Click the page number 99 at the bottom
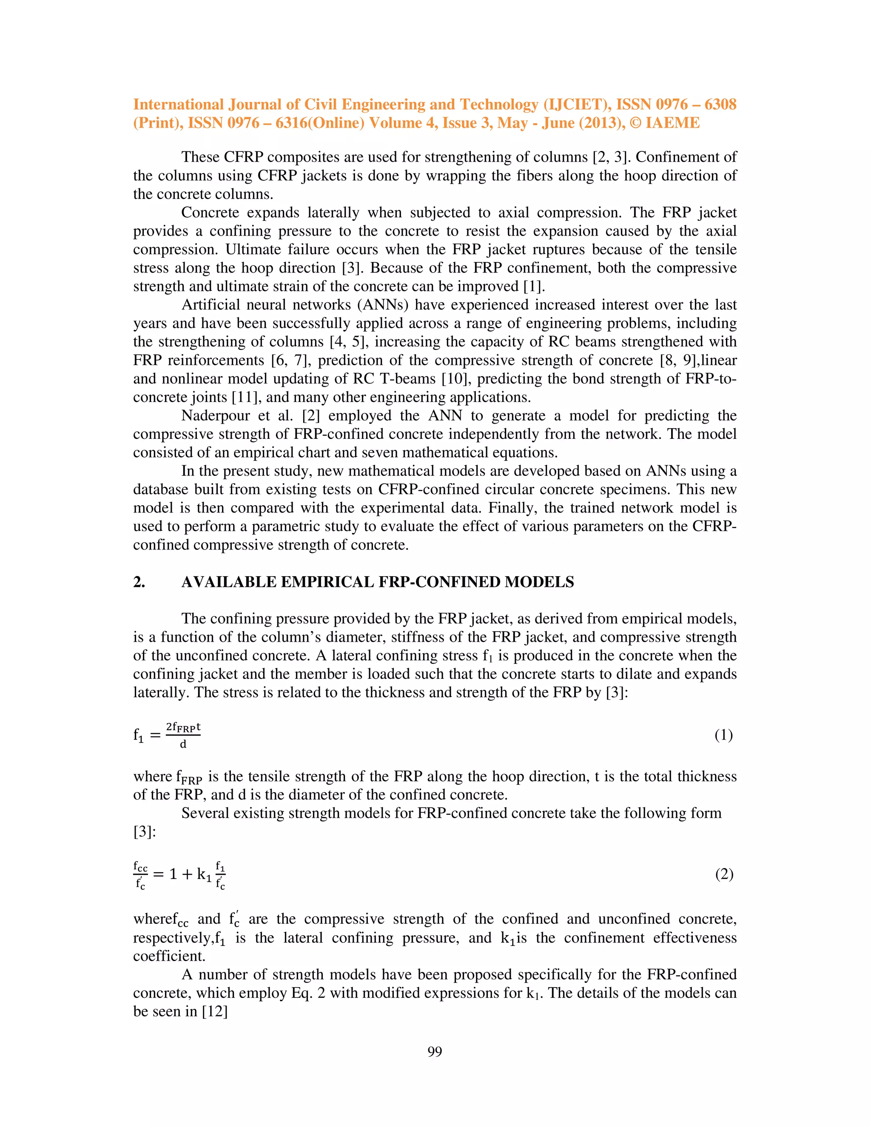(435, 1051)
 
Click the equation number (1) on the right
(723, 735)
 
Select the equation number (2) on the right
(723, 874)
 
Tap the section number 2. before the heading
(139, 582)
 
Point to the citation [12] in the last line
(215, 1011)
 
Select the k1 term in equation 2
(204, 874)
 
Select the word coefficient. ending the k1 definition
(169, 956)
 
